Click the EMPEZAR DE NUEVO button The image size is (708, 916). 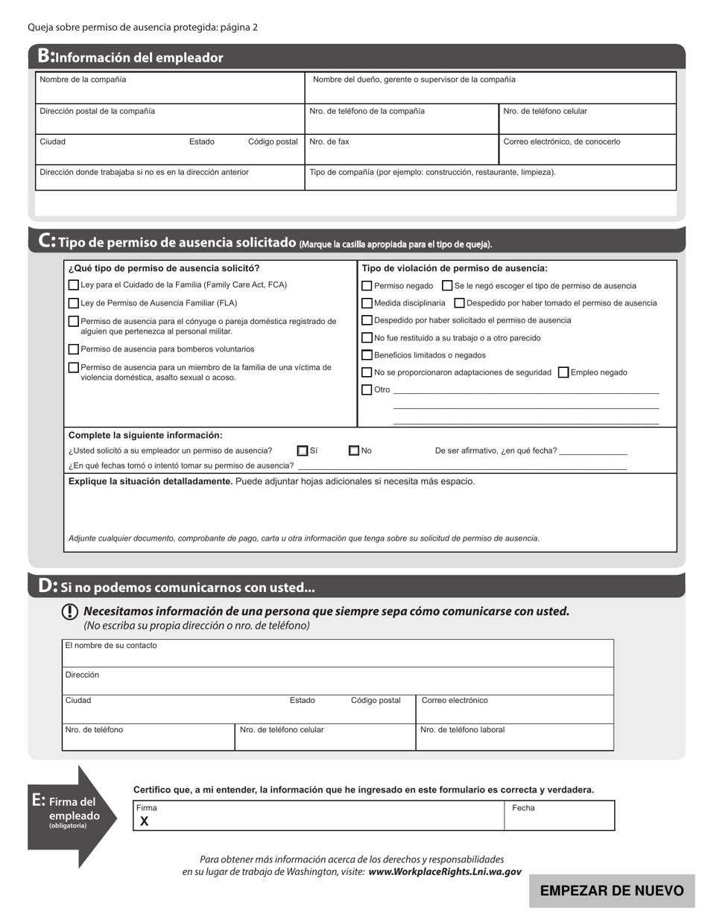tap(611, 891)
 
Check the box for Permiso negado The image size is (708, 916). tap(367, 286)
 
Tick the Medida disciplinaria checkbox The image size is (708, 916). tap(367, 303)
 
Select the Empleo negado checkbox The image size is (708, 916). tap(563, 372)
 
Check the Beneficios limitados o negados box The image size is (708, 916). tap(367, 355)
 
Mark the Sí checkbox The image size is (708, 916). tap(303, 451)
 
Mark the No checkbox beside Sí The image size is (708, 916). tap(354, 451)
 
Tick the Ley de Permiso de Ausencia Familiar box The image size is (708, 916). tap(73, 303)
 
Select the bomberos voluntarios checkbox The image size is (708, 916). tap(73, 349)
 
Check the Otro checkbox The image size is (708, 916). tap(367, 389)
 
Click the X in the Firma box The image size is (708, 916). tap(145, 821)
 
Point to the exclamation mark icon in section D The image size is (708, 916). tap(69, 611)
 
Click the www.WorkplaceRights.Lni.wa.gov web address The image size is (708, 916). tap(444, 871)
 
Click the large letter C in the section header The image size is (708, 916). tap(45, 241)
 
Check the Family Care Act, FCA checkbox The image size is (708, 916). tap(73, 285)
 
